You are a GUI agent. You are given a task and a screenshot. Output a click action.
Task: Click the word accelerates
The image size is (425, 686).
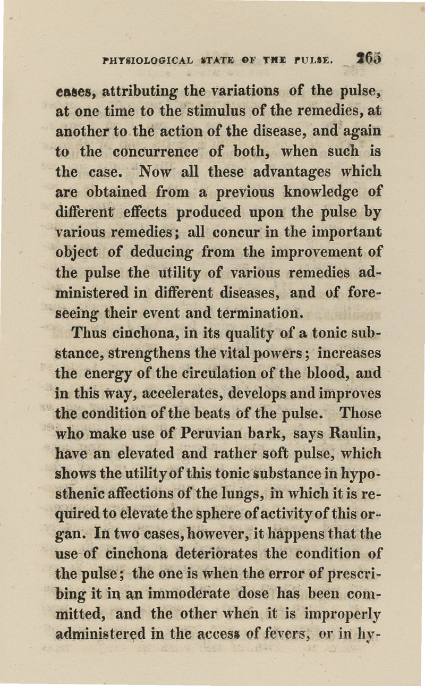[175, 393]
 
